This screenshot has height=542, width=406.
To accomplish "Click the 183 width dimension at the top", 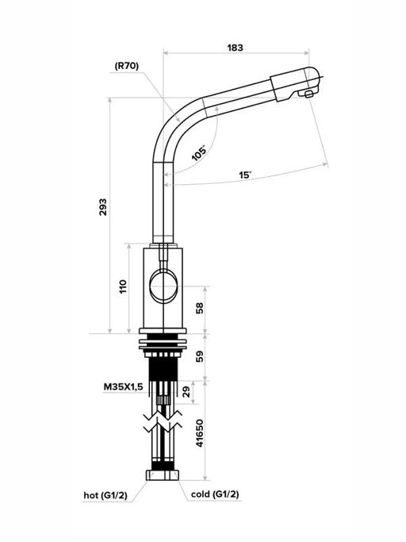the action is coord(235,48).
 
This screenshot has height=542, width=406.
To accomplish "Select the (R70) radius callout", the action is coord(126,66).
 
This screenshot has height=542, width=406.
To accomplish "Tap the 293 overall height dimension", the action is coord(103,207).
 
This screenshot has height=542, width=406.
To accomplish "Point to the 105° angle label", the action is coord(199,152).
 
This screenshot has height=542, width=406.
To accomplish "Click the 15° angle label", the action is coord(245,175).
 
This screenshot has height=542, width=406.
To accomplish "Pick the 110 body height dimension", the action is coord(123,287).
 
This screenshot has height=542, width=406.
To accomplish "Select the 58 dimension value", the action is coord(200,308).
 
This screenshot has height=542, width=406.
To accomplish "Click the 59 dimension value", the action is coord(200,356).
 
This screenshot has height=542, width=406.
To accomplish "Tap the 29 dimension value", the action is coord(186,392).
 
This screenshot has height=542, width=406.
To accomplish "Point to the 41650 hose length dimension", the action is coord(200,433).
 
